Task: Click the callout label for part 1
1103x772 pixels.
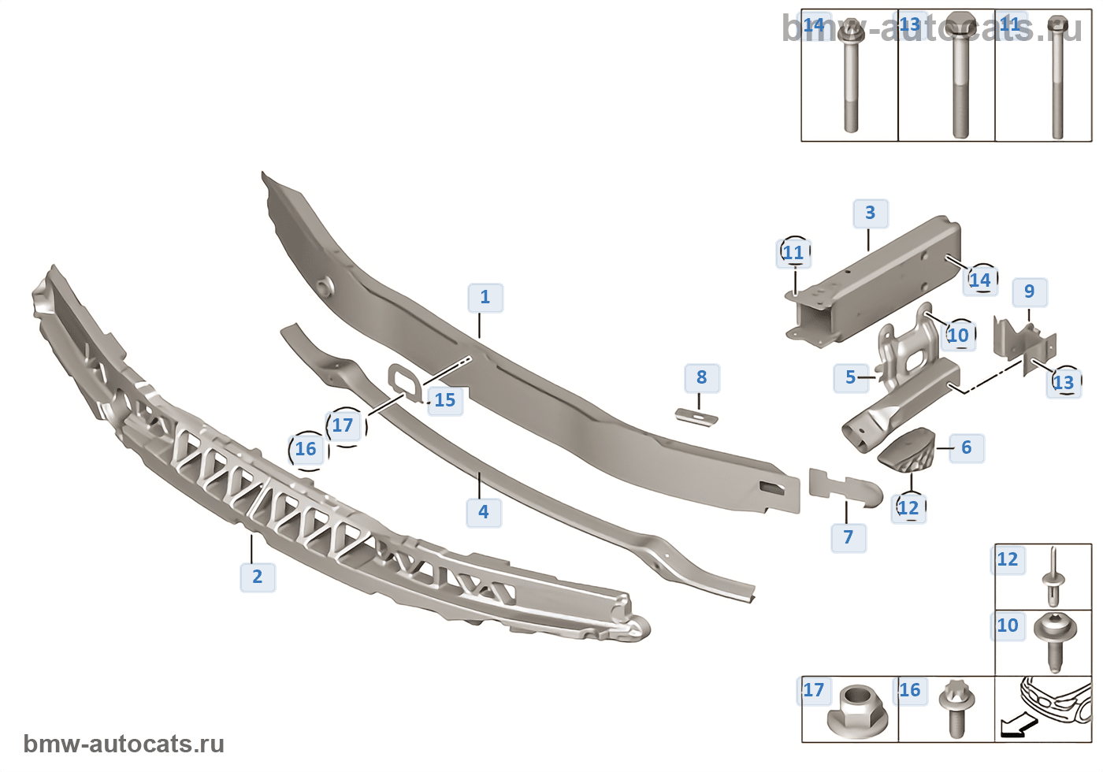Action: coord(485,298)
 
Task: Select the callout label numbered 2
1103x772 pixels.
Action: coord(258,577)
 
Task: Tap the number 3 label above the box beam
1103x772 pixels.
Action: coord(871,213)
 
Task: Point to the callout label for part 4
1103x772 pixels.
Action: coord(484,512)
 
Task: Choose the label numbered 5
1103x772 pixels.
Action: coord(851,377)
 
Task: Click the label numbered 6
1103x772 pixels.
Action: coord(967,448)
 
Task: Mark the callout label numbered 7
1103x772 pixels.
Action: coord(849,537)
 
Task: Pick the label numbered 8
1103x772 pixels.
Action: coord(702,377)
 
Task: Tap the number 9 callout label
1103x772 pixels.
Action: coord(1030,291)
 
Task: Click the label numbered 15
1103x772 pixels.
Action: coord(445,400)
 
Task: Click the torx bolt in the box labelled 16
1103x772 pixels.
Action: coord(956,707)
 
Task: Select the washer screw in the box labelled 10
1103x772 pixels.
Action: coord(1053,639)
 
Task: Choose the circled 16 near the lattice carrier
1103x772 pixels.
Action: coord(306,450)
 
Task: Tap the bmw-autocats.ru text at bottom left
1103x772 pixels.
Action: coord(124,744)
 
